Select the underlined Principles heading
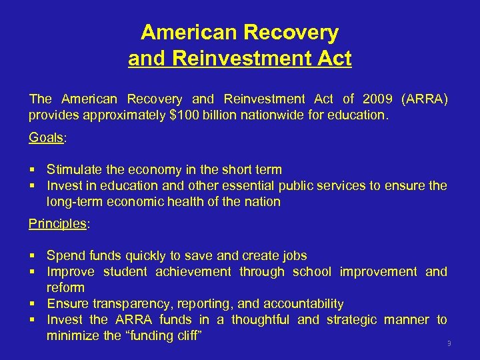(x=57, y=223)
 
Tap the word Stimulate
(x=75, y=170)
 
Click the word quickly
(x=141, y=255)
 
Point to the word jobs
(x=294, y=255)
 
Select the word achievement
(x=193, y=272)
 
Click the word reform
(x=65, y=288)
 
